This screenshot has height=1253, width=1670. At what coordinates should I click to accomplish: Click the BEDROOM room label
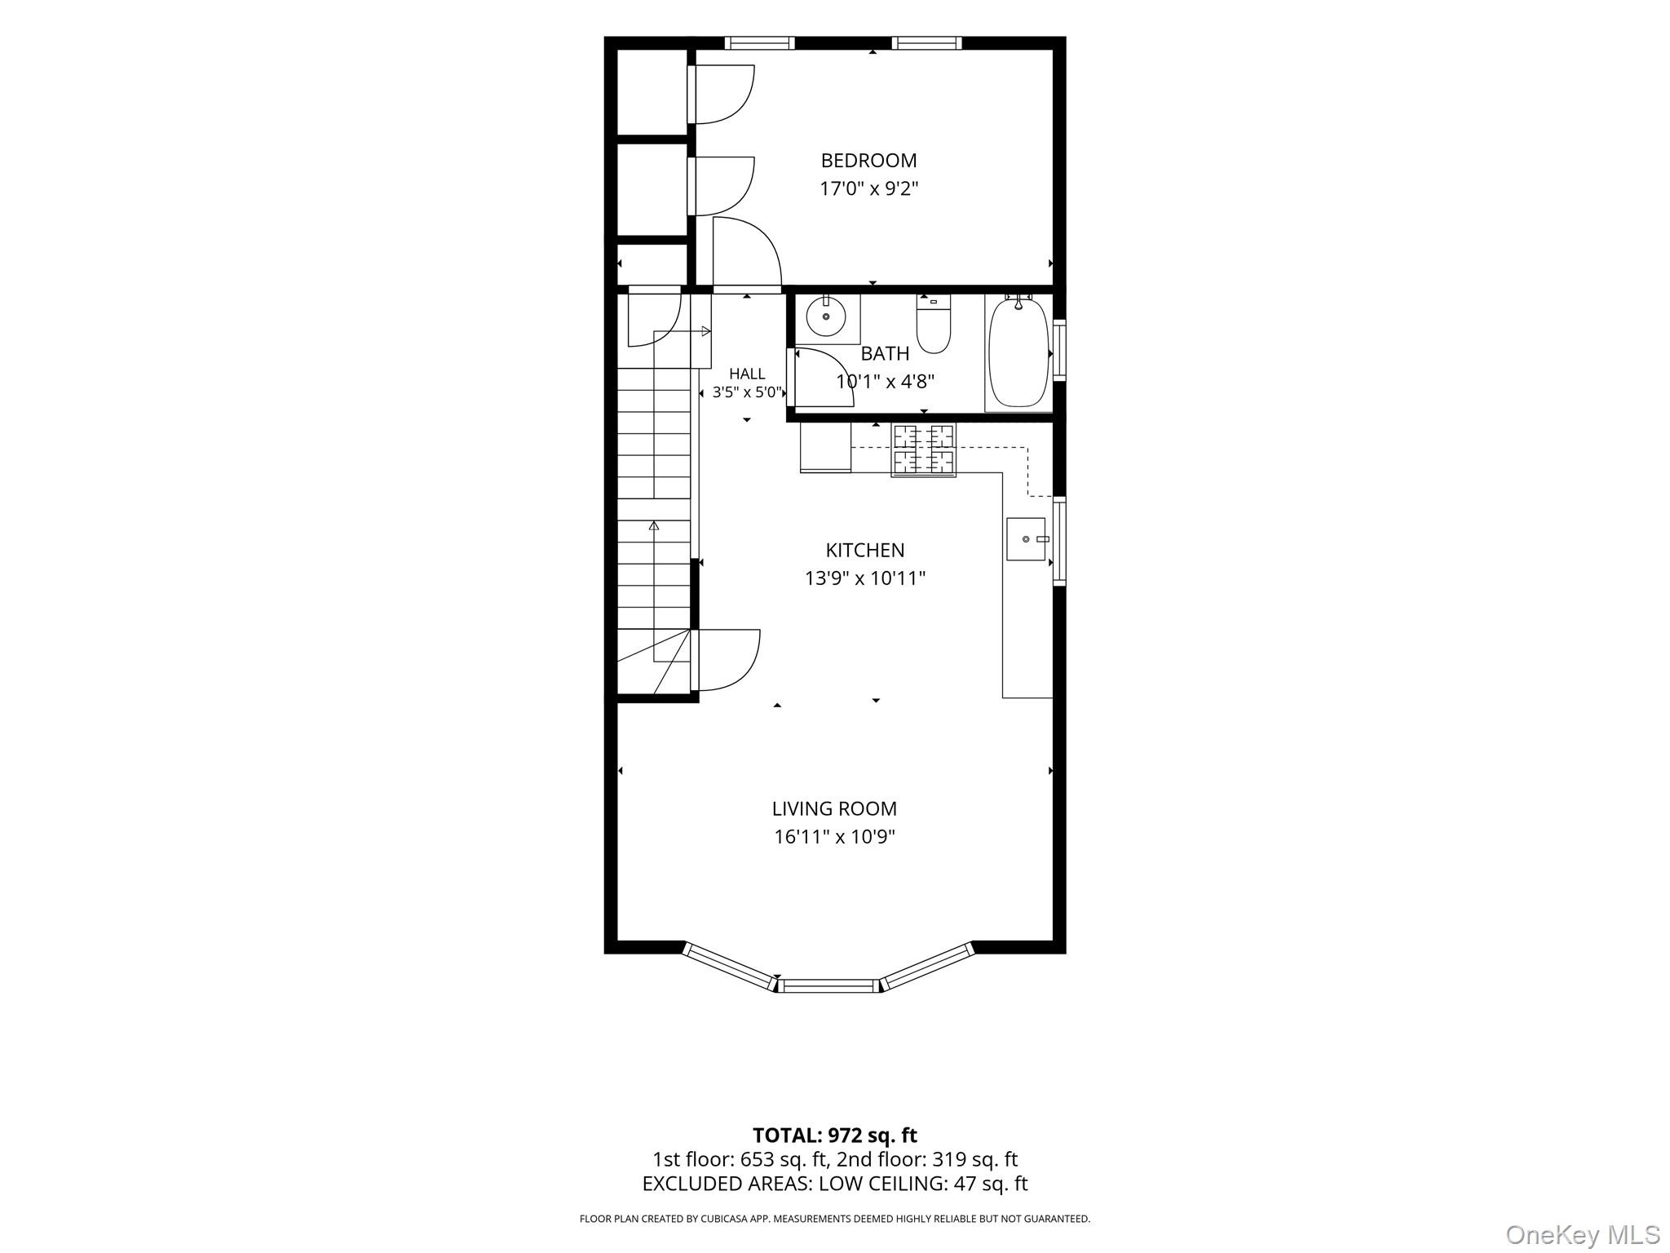[868, 161]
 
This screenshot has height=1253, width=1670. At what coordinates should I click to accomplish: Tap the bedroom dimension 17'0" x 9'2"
[868, 189]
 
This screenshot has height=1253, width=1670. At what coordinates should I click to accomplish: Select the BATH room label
[885, 354]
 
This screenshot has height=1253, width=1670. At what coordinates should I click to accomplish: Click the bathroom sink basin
[826, 316]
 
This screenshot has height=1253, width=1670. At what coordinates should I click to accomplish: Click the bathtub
[1018, 353]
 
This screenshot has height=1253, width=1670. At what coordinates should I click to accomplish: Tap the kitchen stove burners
[924, 449]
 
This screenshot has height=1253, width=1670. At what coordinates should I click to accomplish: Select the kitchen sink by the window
[1026, 539]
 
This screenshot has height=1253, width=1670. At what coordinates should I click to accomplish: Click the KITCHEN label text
[865, 551]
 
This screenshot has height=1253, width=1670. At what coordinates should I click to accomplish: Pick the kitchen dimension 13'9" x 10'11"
[865, 578]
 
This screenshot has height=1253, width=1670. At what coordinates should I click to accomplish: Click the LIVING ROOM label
[834, 809]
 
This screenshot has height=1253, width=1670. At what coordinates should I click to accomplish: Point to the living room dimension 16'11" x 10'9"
[834, 837]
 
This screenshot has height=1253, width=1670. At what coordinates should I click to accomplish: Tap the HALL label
[747, 374]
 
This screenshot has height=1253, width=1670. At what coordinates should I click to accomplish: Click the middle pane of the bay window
[829, 985]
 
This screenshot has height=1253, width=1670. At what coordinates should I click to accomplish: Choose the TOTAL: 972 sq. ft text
[834, 1136]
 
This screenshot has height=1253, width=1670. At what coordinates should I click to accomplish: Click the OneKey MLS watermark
[1582, 1234]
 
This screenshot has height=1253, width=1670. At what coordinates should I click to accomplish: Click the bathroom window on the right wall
[1059, 352]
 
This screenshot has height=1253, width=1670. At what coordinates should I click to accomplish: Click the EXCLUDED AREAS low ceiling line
[834, 1184]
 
